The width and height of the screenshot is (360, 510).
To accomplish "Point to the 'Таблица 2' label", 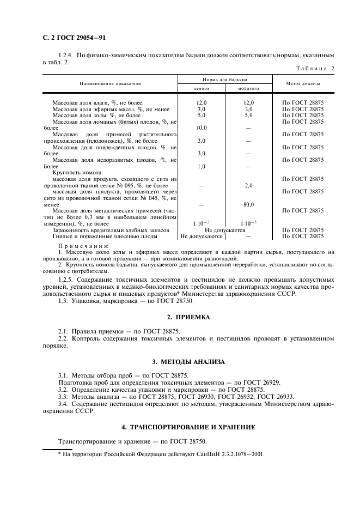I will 315,68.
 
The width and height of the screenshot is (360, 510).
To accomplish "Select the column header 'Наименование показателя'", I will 111,83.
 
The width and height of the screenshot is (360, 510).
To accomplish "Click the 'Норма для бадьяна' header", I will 225,79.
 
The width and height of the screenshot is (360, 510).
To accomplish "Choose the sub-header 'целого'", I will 202,88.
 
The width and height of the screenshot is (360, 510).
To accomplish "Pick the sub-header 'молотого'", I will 248,88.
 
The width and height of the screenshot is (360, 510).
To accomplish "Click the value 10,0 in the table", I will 202,127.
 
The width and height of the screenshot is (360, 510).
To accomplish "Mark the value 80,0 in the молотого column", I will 248,204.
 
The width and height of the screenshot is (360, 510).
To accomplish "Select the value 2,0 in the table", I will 248,185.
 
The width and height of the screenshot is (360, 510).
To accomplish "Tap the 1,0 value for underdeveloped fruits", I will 202,166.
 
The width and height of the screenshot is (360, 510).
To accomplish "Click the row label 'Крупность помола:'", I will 74,173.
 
